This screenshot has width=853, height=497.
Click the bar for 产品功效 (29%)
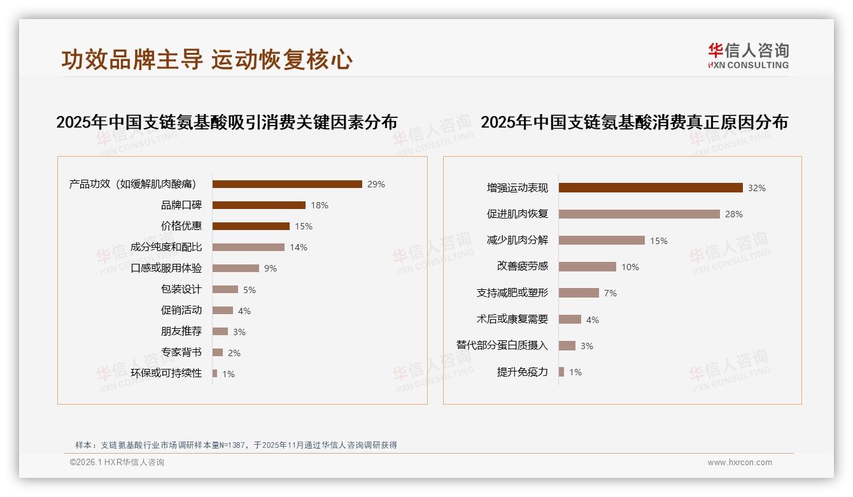(287, 184)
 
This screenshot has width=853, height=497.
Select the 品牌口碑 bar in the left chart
(259, 205)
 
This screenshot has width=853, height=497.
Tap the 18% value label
(320, 205)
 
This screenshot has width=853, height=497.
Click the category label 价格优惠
(181, 226)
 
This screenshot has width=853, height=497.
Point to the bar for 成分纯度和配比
(248, 247)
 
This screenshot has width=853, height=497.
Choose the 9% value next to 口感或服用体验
(271, 268)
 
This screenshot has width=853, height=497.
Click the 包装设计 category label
(181, 289)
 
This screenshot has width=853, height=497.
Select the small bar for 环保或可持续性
(215, 373)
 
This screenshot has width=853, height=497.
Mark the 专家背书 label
(181, 352)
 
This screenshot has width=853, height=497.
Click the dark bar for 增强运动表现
(651, 188)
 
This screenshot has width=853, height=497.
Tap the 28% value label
(734, 214)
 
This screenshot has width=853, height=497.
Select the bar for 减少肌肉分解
(602, 240)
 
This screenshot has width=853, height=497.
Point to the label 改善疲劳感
(523, 266)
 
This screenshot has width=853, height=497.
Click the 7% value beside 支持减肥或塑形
(610, 293)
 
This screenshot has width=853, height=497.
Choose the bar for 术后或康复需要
(570, 319)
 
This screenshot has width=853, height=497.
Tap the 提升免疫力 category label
(523, 372)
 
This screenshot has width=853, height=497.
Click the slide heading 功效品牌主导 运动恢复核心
(207, 59)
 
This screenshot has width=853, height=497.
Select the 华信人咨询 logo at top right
(749, 55)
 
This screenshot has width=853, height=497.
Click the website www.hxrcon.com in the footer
(740, 463)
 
